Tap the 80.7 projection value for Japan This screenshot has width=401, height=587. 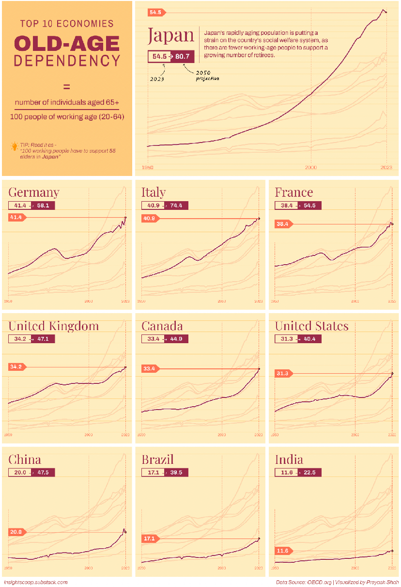[182, 57]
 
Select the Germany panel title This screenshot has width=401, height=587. [34, 192]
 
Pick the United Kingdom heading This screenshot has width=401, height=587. [53, 326]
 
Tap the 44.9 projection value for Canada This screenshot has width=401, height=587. [176, 339]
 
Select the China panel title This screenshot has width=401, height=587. [25, 460]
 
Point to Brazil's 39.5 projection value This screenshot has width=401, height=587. [176, 473]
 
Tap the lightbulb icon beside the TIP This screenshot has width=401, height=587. [15, 145]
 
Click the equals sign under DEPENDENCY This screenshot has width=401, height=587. [67, 87]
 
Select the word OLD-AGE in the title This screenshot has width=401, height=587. [67, 44]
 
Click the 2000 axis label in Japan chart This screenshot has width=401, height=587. [311, 167]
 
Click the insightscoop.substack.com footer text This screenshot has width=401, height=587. [35, 582]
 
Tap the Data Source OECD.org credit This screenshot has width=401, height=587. [304, 582]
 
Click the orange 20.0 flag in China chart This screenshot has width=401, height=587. [16, 532]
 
